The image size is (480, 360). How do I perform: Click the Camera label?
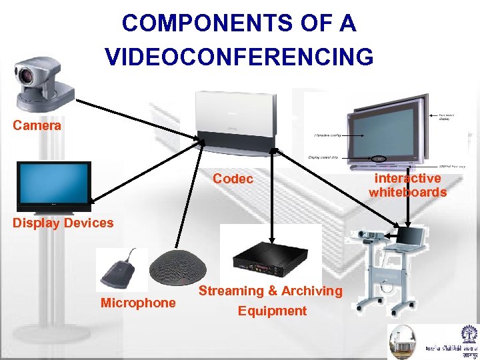coord(37,125)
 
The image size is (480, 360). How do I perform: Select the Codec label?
coord(233,179)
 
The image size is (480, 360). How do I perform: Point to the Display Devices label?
coord(63,223)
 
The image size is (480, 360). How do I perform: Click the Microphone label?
coord(138,303)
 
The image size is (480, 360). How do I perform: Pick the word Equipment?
coord(272,311)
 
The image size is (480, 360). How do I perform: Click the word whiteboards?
coord(408,193)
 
